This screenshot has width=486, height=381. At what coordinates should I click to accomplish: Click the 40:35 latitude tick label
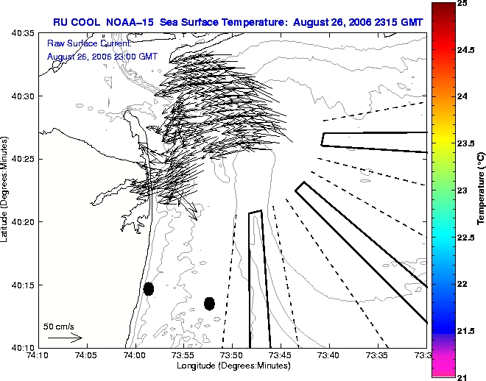click(x=23, y=33)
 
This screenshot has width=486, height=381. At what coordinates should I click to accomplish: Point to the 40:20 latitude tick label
click(x=23, y=222)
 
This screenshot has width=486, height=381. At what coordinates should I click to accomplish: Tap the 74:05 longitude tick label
click(x=87, y=355)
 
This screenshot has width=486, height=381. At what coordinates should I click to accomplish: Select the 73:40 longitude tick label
click(x=329, y=355)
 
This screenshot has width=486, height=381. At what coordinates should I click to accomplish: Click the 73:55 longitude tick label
click(x=184, y=355)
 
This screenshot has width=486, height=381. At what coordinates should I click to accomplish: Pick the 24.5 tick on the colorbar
click(x=466, y=50)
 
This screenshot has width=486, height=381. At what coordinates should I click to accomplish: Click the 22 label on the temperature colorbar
click(x=462, y=284)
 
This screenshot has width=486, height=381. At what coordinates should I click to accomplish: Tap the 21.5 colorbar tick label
click(x=466, y=331)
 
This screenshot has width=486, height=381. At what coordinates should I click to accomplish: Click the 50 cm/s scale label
click(x=59, y=327)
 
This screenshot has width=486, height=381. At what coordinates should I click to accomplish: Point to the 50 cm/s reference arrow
click(x=65, y=338)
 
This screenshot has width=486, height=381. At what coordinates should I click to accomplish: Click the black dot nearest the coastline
click(x=149, y=289)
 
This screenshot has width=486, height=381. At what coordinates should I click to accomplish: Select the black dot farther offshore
click(x=210, y=304)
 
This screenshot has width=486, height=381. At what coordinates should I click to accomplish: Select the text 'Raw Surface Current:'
click(x=89, y=43)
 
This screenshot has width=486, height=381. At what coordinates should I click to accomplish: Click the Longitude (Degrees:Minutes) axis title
click(x=233, y=366)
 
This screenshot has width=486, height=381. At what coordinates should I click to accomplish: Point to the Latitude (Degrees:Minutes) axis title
click(x=4, y=189)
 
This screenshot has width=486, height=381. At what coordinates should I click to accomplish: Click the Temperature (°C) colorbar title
click(x=481, y=188)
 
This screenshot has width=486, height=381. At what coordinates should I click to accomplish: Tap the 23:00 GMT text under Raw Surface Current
click(x=133, y=57)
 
